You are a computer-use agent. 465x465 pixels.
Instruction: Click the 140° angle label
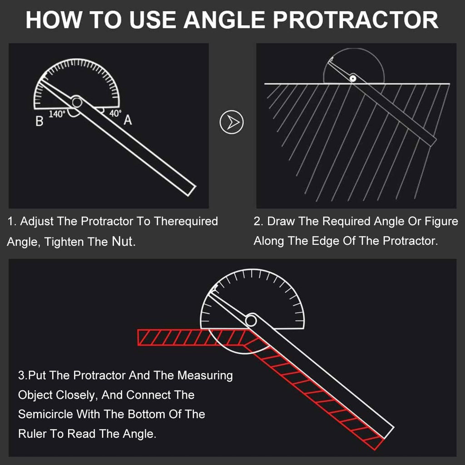(x=57, y=114)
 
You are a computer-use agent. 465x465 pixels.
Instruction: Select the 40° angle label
(x=115, y=114)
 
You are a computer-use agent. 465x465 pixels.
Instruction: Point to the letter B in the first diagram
(x=40, y=122)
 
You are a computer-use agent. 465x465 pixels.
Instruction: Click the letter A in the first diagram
(x=128, y=120)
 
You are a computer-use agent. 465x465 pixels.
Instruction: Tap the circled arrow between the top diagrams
(x=232, y=122)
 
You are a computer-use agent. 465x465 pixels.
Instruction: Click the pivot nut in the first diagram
(x=76, y=102)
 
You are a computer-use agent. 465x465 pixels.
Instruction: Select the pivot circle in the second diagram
(x=352, y=78)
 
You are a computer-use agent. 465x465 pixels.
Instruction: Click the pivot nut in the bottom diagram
(x=250, y=321)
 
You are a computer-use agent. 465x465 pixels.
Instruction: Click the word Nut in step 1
(x=123, y=242)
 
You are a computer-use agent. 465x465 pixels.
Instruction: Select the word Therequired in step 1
(x=186, y=222)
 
